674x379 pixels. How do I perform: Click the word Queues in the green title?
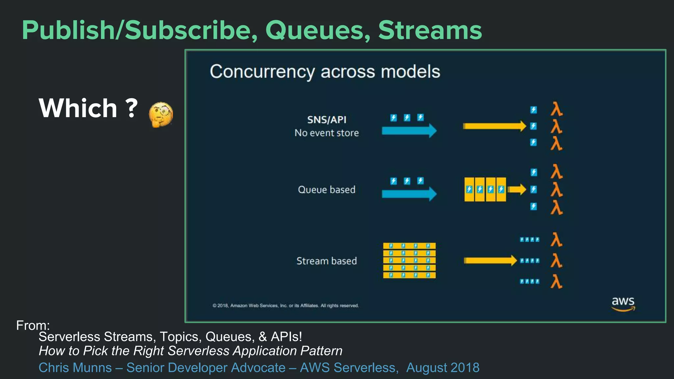[318, 31]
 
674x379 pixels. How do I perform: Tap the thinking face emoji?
[161, 114]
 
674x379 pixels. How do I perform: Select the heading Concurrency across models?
[325, 71]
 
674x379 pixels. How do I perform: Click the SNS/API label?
[326, 120]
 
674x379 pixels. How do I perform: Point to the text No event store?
[326, 133]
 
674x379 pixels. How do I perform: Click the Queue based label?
[326, 190]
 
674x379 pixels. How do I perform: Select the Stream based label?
[326, 261]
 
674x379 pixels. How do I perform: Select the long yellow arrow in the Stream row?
[490, 261]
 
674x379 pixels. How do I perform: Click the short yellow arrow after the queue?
[517, 189]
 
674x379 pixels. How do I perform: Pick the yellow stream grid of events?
[409, 260]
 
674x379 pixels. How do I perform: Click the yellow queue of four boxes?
[485, 189]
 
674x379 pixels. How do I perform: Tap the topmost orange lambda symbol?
[556, 109]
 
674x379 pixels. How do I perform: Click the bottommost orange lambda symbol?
[556, 282]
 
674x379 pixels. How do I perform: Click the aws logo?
[623, 303]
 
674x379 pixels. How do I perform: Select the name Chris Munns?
[75, 368]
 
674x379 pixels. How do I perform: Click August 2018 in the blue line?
[443, 368]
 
